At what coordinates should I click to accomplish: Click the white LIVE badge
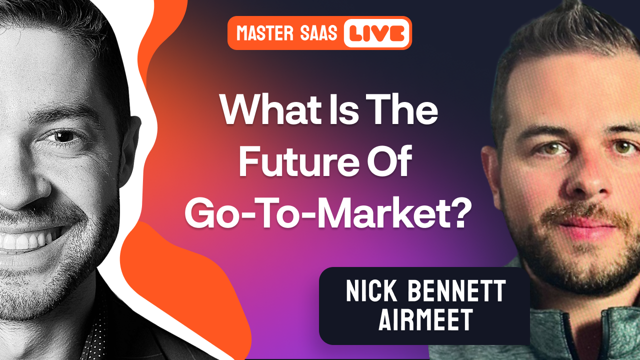[x=377, y=33]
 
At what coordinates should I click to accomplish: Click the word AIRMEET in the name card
[x=425, y=319]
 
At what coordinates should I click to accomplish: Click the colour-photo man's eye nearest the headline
[x=542, y=149]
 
